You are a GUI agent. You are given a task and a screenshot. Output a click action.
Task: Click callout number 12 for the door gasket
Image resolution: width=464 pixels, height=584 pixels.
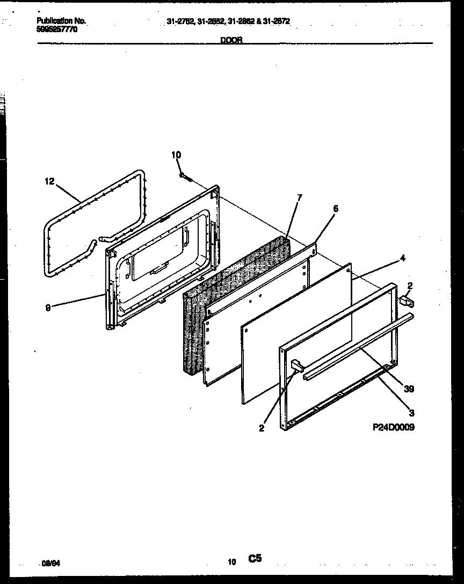49,181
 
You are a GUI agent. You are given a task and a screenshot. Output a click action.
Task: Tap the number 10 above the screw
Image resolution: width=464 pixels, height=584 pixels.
176,155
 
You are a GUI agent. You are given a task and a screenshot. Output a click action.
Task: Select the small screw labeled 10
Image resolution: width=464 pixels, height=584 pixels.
186,177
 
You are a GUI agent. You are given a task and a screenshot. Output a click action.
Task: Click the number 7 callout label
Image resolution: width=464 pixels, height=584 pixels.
299,197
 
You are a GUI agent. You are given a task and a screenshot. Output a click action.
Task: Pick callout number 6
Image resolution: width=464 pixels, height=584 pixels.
336,209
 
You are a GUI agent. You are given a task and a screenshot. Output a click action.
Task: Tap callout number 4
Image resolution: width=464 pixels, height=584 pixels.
403,258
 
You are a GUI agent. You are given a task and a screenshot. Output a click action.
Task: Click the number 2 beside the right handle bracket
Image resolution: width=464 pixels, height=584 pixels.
410,286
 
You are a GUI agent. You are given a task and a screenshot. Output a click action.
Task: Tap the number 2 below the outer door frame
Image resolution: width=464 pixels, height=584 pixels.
262,428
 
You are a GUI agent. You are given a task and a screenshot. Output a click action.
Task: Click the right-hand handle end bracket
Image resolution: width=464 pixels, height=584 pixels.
405,303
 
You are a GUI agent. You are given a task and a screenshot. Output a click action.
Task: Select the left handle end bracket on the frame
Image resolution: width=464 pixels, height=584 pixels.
296,366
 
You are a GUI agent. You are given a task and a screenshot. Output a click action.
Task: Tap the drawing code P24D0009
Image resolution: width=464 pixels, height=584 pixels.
393,427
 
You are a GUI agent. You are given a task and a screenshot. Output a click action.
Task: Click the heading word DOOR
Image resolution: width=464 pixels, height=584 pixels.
231,40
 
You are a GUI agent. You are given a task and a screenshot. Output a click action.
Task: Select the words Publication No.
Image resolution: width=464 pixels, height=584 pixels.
61,21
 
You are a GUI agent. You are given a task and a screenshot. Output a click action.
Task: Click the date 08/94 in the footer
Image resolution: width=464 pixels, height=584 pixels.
49,564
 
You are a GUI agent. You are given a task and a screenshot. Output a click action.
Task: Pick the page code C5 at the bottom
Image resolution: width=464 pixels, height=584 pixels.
255,559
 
